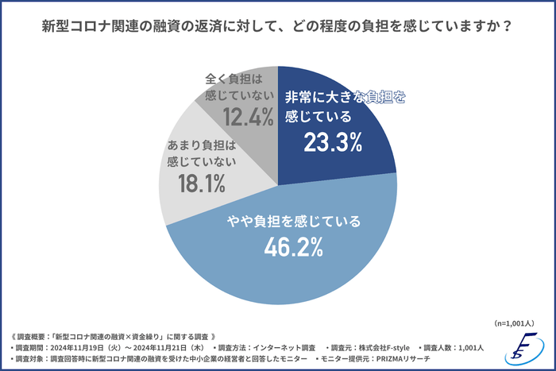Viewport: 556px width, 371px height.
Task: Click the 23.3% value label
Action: click(x=333, y=143)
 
